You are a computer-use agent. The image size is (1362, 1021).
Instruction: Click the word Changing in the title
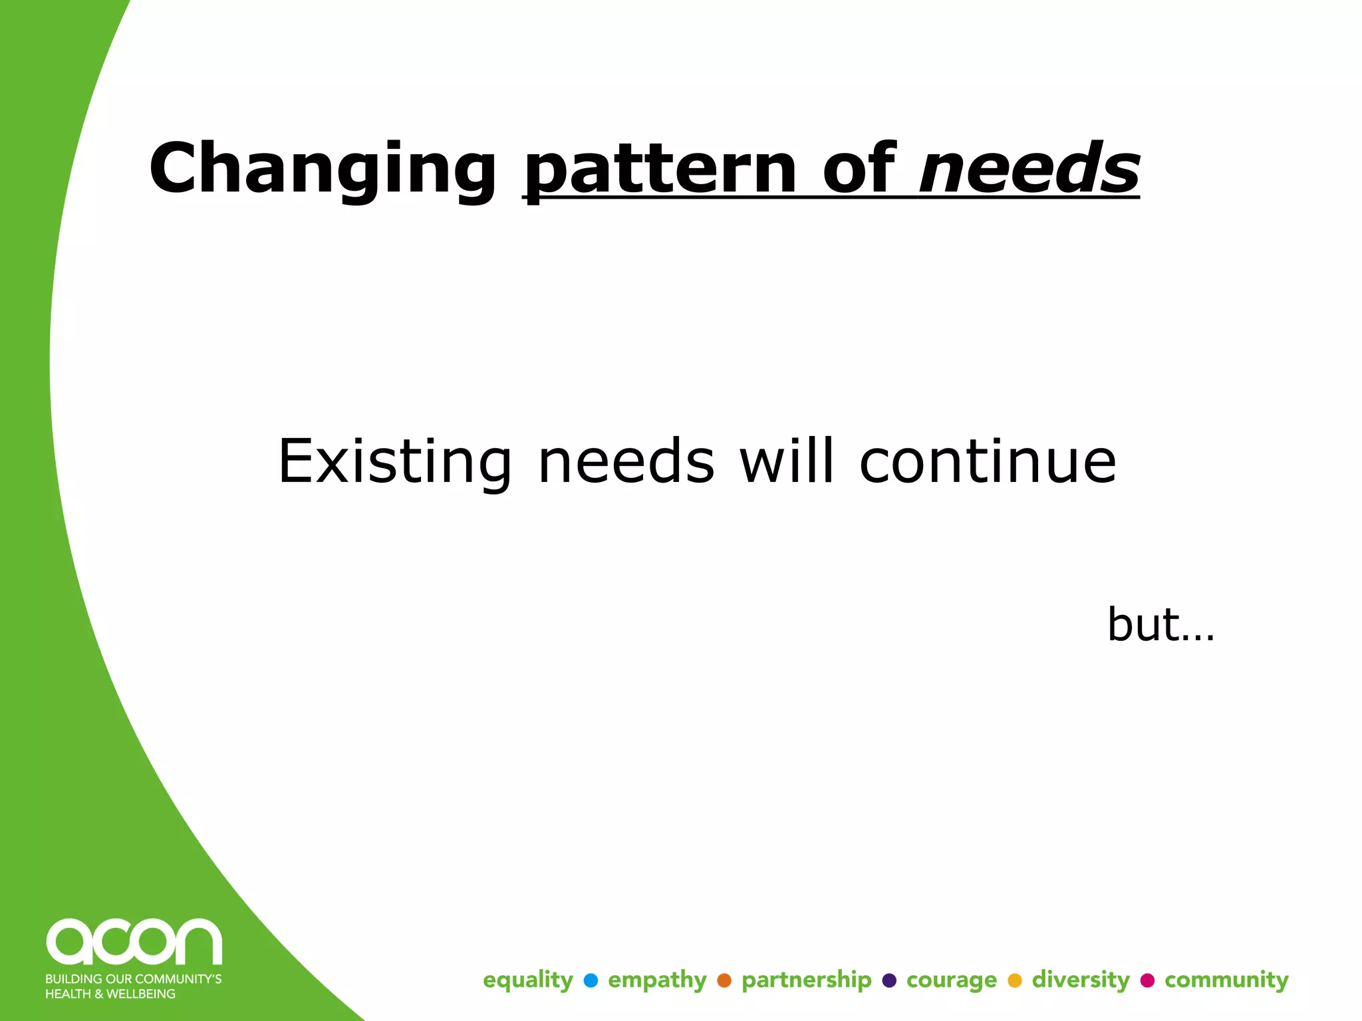(x=323, y=170)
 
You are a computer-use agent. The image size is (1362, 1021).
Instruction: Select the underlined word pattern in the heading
(x=661, y=170)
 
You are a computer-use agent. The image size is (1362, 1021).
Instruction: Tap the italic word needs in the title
(x=1029, y=170)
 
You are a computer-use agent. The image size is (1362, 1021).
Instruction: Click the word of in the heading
(x=859, y=170)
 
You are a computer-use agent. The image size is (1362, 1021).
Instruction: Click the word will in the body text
(x=787, y=462)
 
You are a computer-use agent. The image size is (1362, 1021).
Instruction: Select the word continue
(x=988, y=462)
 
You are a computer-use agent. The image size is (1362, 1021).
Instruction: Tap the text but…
(x=1160, y=625)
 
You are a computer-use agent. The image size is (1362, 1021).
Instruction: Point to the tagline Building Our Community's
(x=133, y=979)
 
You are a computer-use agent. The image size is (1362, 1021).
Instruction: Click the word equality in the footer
(x=527, y=980)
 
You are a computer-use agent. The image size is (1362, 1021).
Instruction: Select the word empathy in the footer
(x=657, y=980)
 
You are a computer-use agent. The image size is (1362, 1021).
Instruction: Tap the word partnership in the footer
(x=806, y=980)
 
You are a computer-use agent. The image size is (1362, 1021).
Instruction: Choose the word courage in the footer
(x=951, y=980)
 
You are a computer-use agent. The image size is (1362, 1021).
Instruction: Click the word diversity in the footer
(x=1081, y=980)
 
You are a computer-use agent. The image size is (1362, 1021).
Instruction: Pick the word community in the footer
(x=1226, y=980)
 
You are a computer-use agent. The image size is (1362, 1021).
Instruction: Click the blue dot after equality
(x=591, y=980)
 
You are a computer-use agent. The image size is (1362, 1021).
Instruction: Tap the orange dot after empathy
(x=724, y=980)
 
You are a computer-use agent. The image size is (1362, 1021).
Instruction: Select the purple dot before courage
(x=889, y=980)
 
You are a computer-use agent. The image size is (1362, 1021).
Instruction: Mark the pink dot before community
(x=1147, y=980)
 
